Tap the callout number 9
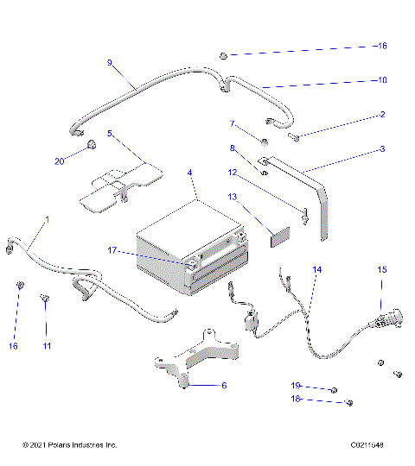pyautogui.click(x=109, y=63)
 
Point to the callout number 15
pyautogui.click(x=381, y=270)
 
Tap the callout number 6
pyautogui.click(x=224, y=387)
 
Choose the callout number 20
pyautogui.click(x=59, y=161)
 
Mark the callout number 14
pyautogui.click(x=317, y=270)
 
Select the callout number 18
pyautogui.click(x=295, y=399)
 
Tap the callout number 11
pyautogui.click(x=48, y=346)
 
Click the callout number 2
pyautogui.click(x=381, y=114)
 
